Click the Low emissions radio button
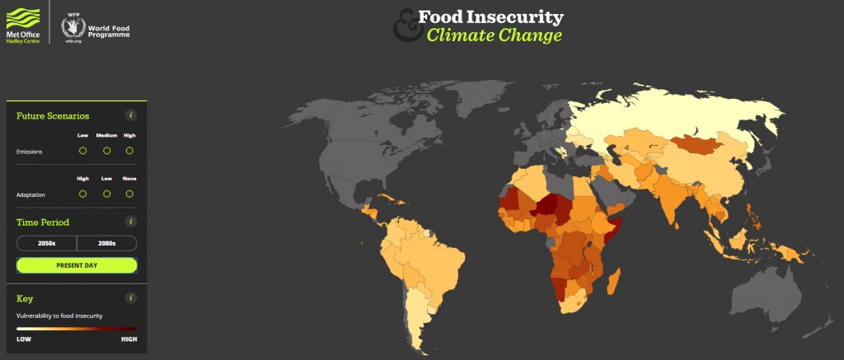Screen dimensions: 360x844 pos(82,151)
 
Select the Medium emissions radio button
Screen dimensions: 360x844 pos(106,151)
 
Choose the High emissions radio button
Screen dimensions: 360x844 pos(129,151)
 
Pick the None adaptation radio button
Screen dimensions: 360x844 pos(129,194)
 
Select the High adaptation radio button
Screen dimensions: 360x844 pos(82,194)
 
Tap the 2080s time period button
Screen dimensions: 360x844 pos(106,243)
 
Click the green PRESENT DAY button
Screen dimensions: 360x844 pos(77,265)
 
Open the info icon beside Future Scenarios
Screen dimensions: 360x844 pos(130,115)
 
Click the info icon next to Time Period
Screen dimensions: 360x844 pos(130,222)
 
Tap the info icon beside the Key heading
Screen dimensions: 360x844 pos(130,298)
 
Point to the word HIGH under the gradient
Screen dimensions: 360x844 pos(129,339)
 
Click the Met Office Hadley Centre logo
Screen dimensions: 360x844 pos(23,26)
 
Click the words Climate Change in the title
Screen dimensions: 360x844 pos(494,35)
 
